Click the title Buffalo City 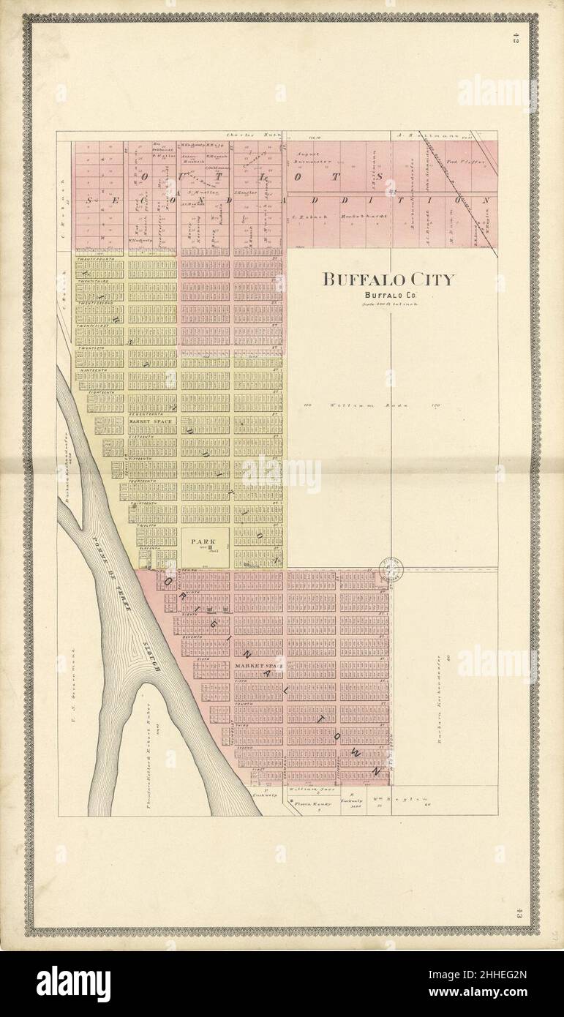click(x=388, y=279)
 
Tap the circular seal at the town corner click(x=392, y=568)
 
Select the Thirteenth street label click(x=143, y=504)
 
